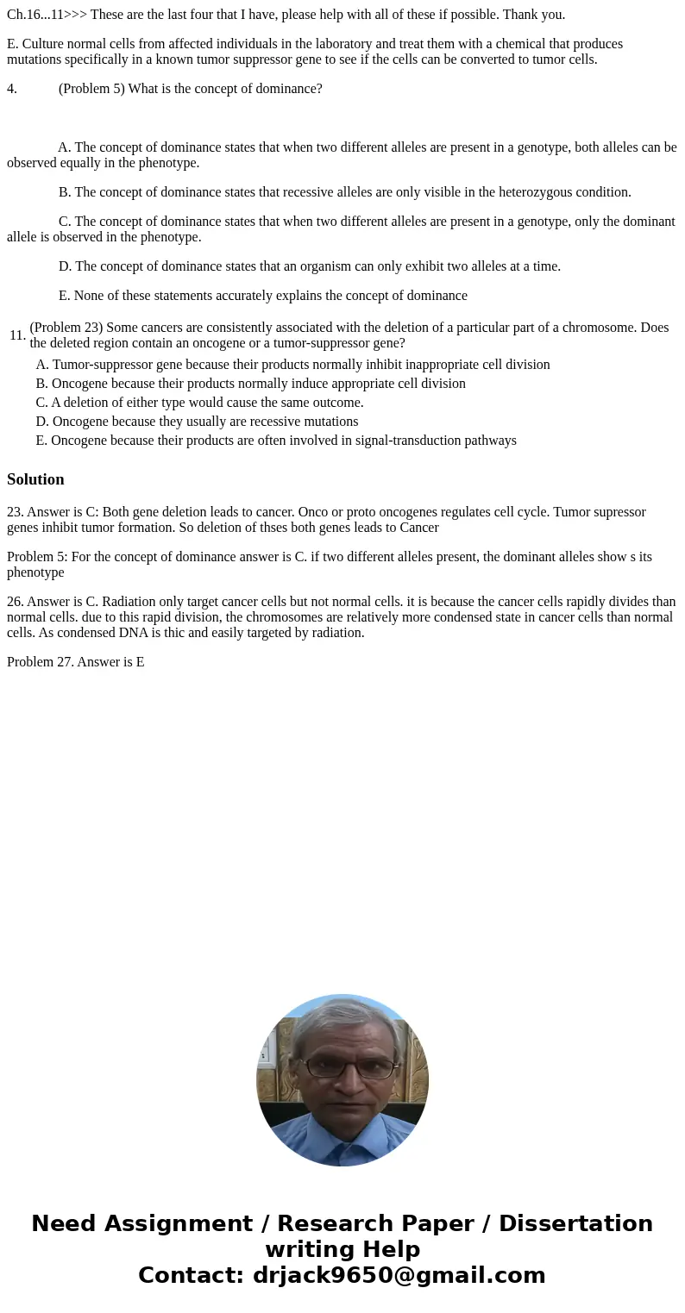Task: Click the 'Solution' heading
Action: [35, 479]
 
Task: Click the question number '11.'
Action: [17, 335]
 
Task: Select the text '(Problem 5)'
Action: [92, 88]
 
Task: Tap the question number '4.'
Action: [12, 88]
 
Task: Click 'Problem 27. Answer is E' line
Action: [75, 662]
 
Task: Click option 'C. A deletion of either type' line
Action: [199, 403]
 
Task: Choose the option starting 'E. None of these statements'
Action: [262, 296]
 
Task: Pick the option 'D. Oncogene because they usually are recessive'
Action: [197, 422]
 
